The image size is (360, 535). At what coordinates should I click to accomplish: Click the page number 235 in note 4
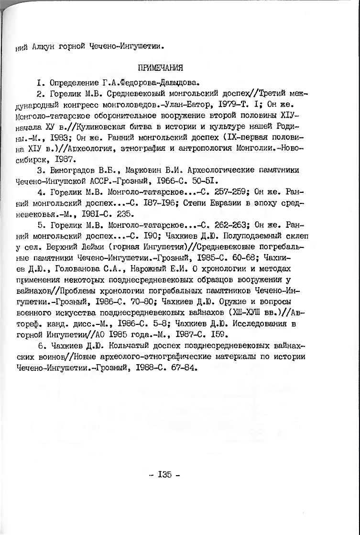tap(126, 214)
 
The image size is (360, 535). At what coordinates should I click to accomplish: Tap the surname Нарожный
tap(144, 269)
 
